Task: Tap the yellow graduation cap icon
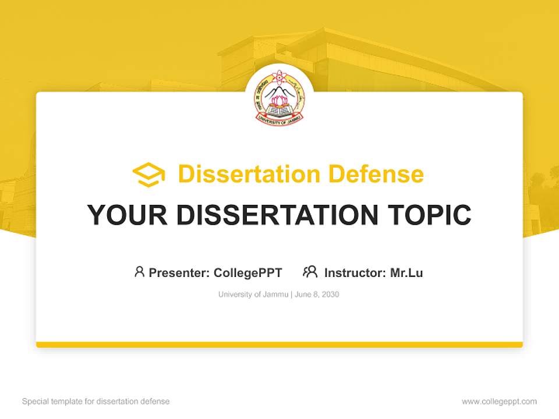[148, 175]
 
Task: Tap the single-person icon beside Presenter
[139, 272]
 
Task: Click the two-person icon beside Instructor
[310, 272]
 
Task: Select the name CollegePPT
[248, 272]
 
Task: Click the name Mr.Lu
[406, 272]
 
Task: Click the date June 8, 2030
[317, 294]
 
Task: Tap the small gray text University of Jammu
[253, 294]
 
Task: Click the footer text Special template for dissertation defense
[96, 402]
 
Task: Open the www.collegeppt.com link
[499, 402]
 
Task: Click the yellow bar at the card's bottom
[279, 345]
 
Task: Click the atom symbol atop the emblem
[279, 76]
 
